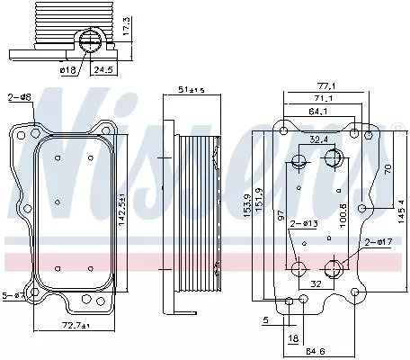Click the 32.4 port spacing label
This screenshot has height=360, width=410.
pyautogui.click(x=317, y=139)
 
